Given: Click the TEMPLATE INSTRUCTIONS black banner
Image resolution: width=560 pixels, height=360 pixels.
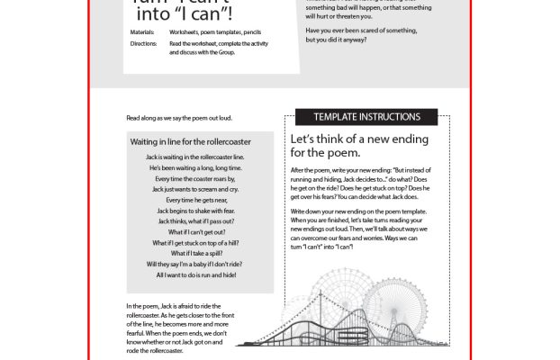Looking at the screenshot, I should tap(366, 117).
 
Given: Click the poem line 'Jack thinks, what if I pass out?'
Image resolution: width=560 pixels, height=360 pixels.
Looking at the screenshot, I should tap(202, 220).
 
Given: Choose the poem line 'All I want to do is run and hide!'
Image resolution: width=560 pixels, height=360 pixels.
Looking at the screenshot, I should tap(202, 274).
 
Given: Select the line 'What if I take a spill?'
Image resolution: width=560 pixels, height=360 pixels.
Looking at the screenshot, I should tap(202, 253).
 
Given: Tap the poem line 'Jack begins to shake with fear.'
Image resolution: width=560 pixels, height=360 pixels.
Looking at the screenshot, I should tap(202, 210).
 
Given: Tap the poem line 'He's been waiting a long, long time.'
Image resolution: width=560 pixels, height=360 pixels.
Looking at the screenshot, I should tap(202, 167).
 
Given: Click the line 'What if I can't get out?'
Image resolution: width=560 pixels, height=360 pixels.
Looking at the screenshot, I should tap(202, 231).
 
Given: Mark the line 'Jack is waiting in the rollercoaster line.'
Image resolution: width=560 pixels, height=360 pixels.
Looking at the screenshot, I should tap(202, 157).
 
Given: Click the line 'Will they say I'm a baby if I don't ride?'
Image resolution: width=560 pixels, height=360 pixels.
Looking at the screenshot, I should tap(202, 264).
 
